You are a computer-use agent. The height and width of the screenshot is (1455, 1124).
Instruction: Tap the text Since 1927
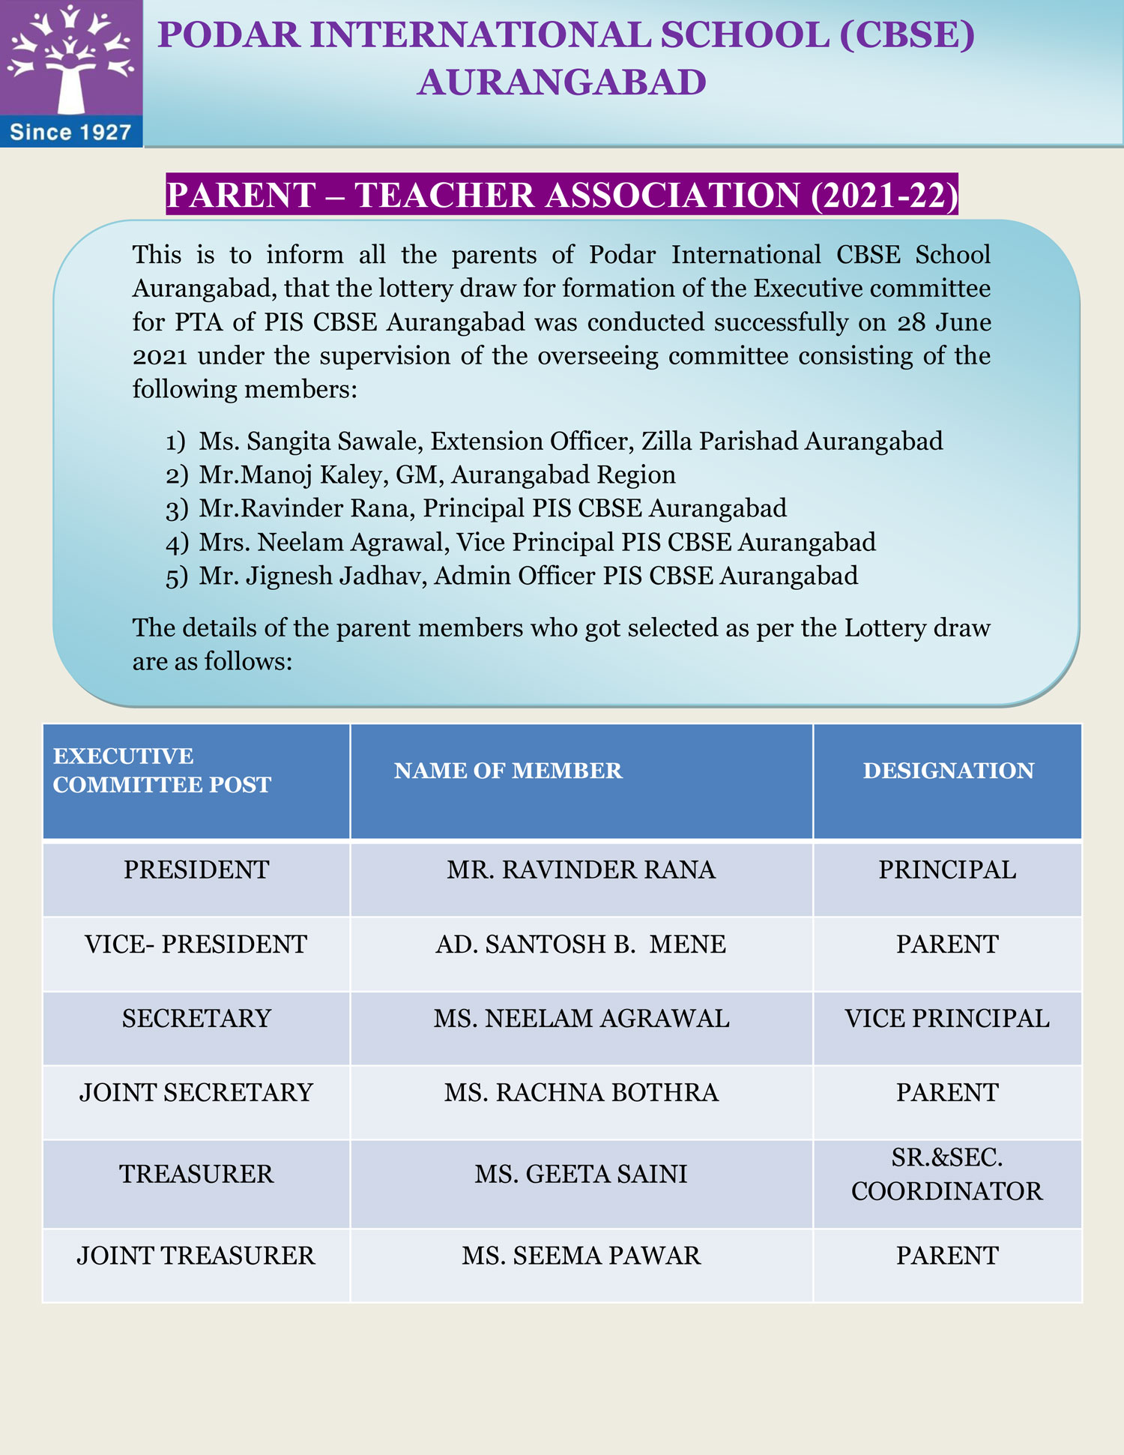coord(70,133)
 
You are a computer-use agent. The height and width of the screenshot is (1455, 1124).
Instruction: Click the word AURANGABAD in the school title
coord(561,82)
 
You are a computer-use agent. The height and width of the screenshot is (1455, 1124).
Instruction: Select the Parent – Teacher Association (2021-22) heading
coord(562,195)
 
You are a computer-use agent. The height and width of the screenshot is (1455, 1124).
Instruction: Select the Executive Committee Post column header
coord(162,771)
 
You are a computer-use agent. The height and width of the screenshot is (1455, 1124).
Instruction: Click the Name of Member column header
coord(508,771)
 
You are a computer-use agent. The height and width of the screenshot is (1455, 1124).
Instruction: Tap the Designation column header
coord(948,771)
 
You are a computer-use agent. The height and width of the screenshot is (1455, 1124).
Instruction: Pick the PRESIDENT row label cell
coord(196,870)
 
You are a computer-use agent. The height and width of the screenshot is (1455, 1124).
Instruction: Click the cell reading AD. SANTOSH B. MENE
coord(581,944)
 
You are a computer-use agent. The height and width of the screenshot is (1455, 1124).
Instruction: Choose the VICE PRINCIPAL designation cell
coord(947,1018)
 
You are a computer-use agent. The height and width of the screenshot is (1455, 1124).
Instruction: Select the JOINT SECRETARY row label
coord(196,1092)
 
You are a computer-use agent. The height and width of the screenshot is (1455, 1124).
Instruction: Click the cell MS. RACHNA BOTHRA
coord(581,1092)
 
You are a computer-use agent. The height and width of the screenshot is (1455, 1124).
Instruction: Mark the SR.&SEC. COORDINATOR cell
coord(947,1174)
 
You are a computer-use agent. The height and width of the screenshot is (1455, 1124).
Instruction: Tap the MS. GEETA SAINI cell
coord(581,1174)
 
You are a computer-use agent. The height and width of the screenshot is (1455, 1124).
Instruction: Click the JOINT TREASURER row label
coord(196,1256)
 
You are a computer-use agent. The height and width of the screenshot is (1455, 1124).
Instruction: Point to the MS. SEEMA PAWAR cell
coord(581,1256)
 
